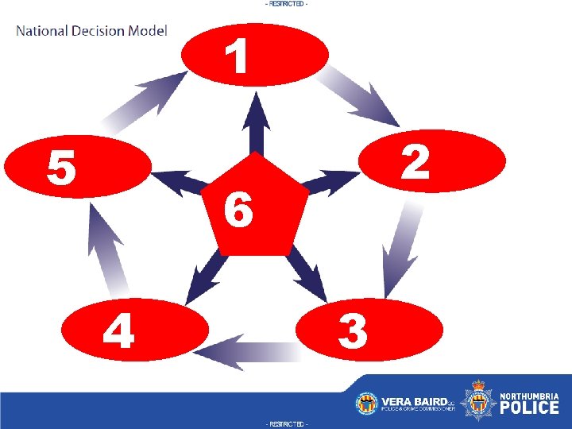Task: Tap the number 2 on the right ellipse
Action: coord(414,162)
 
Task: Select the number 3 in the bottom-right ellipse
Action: coord(353,330)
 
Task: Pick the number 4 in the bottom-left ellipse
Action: coord(118,330)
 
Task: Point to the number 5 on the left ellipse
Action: coord(60,166)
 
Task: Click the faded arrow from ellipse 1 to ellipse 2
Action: coord(364,95)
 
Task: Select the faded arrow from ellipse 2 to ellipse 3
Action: coord(402,247)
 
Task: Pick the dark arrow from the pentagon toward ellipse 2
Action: coord(330,184)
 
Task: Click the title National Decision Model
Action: coord(91,31)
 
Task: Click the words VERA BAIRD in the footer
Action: coord(413,401)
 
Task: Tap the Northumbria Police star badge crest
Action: coord(478,402)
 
